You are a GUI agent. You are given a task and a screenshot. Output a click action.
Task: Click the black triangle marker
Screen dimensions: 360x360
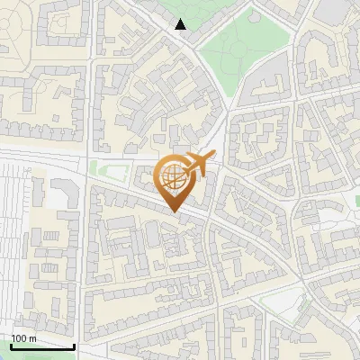pyautogui.click(x=181, y=25)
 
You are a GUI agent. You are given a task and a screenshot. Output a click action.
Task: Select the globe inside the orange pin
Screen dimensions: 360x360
pyautogui.click(x=173, y=178)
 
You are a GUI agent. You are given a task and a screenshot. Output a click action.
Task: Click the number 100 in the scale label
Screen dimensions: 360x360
pyautogui.click(x=19, y=338)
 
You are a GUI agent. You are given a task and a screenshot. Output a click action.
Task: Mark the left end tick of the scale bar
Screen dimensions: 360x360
pyautogui.click(x=10, y=346)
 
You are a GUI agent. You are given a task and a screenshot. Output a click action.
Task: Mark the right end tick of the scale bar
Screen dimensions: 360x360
pyautogui.click(x=74, y=346)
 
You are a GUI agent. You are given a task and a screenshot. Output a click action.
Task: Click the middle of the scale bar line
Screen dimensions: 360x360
pyautogui.click(x=41, y=347)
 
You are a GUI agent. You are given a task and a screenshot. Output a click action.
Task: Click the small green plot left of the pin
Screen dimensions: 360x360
pyautogui.click(x=109, y=170)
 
